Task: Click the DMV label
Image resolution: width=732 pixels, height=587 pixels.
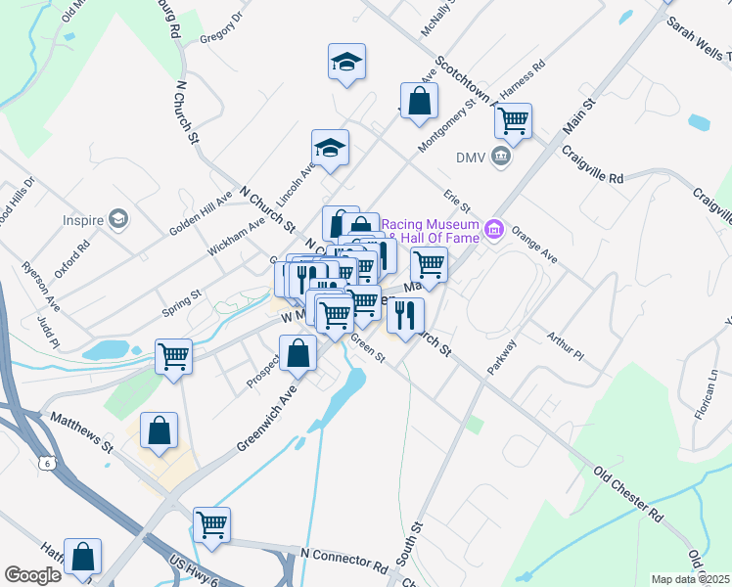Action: (x=471, y=157)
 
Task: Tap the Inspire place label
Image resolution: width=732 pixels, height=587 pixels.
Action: (x=83, y=220)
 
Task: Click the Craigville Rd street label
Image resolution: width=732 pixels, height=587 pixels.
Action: (x=593, y=165)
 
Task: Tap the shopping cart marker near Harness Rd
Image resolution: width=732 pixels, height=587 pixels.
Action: (x=513, y=121)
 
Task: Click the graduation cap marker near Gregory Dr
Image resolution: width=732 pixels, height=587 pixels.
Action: (x=346, y=62)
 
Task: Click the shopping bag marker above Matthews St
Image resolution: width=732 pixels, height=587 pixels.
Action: (x=159, y=430)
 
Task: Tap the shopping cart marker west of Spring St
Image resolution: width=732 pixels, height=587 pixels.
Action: (x=173, y=356)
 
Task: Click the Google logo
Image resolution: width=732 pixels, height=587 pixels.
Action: (x=33, y=575)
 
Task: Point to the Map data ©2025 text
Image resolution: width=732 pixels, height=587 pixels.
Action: (x=690, y=579)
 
